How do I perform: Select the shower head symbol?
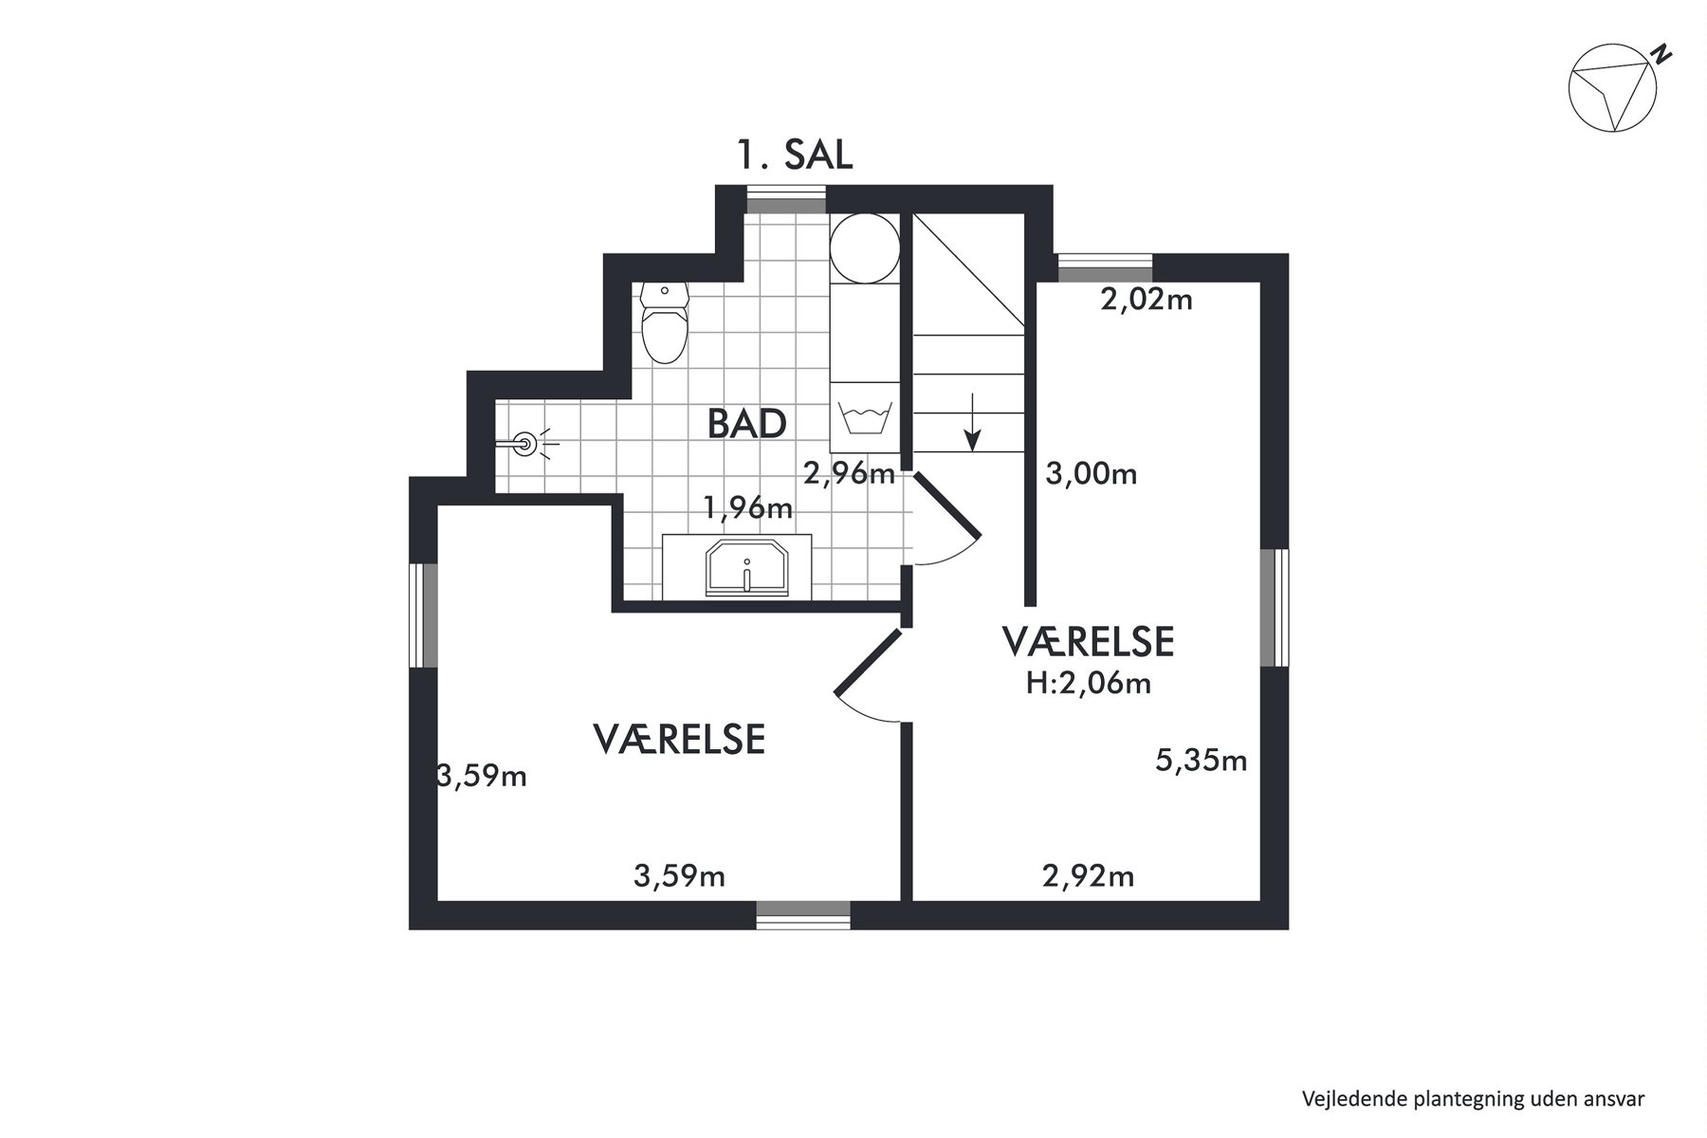(x=524, y=443)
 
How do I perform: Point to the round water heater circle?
(x=864, y=248)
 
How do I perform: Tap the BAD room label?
(x=747, y=424)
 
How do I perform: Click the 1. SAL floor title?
(x=796, y=155)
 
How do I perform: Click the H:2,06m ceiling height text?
(x=1089, y=683)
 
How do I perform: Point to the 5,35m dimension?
(x=1201, y=760)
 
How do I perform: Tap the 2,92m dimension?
(x=1089, y=875)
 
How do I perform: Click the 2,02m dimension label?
(x=1147, y=300)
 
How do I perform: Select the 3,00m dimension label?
(x=1092, y=472)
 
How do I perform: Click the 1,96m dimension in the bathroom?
(x=747, y=508)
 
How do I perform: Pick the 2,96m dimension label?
(x=849, y=472)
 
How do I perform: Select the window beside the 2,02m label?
(x=1104, y=268)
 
